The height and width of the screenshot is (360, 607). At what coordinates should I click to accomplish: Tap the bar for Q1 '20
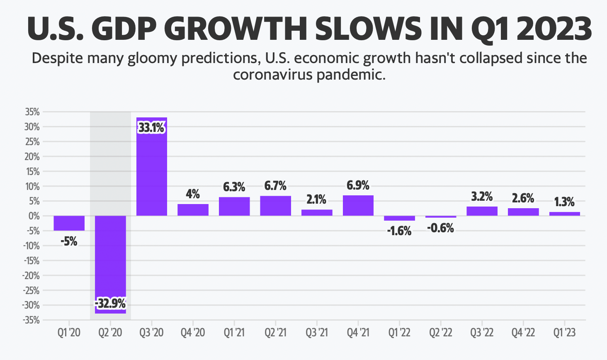pyautogui.click(x=69, y=223)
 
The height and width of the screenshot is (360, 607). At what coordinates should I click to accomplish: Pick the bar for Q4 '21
pyautogui.click(x=358, y=205)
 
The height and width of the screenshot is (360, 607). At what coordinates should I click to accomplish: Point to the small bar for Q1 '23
pyautogui.click(x=564, y=214)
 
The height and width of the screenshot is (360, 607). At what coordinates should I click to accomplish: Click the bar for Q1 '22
pyautogui.click(x=399, y=218)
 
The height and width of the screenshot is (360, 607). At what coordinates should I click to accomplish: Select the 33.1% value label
pyautogui.click(x=151, y=128)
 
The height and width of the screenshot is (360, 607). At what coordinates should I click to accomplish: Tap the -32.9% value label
pyautogui.click(x=110, y=304)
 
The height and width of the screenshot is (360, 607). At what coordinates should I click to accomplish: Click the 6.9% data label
pyautogui.click(x=358, y=185)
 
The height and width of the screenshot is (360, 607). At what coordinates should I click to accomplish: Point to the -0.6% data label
pyautogui.click(x=440, y=228)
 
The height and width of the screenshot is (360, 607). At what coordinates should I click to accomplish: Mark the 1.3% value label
pyautogui.click(x=564, y=202)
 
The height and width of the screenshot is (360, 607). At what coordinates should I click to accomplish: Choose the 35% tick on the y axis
pyautogui.click(x=32, y=112)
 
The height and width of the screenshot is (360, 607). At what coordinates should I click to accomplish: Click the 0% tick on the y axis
pyautogui.click(x=34, y=216)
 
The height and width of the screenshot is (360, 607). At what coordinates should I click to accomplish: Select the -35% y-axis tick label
pyautogui.click(x=32, y=320)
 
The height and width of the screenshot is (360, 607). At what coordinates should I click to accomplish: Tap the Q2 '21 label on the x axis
pyautogui.click(x=275, y=333)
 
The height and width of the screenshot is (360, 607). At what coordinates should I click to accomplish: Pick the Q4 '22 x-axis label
pyautogui.click(x=523, y=333)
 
